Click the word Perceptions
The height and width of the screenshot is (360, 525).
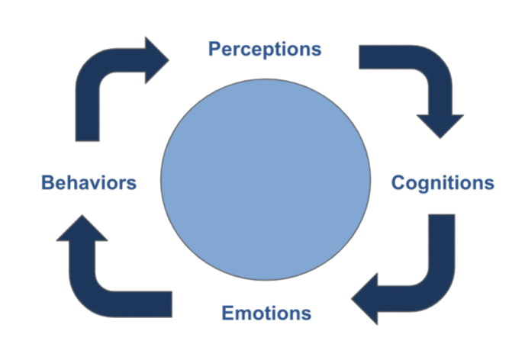(265, 50)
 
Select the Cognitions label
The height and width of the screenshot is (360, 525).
(443, 183)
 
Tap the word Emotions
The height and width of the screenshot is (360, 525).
(266, 313)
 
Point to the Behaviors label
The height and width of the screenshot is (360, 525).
(89, 183)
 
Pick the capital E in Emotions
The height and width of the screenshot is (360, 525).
(227, 313)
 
